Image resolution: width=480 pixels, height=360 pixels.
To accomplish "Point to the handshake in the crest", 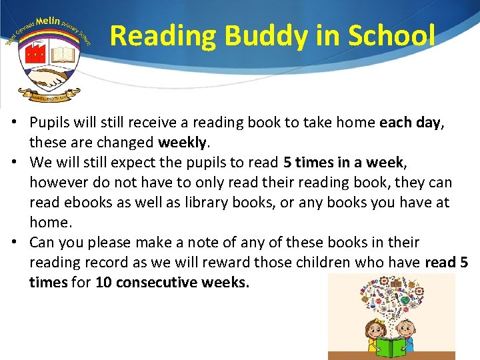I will coord(49,76).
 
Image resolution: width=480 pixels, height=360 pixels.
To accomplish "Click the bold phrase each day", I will coord(409,123).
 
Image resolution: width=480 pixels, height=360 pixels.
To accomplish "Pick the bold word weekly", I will coord(181,143).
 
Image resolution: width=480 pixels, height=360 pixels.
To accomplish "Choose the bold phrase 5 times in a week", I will coord(343,163).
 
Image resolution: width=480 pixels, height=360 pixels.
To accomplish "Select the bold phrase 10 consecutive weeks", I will coord(172,283).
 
